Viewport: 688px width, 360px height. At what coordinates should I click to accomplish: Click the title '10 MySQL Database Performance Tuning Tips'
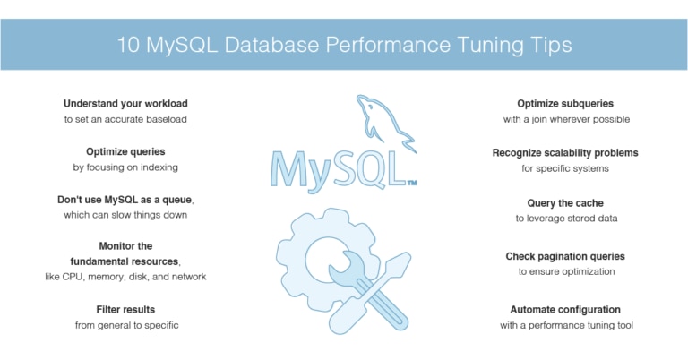click(x=344, y=45)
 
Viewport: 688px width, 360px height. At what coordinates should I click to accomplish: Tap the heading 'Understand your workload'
click(x=125, y=104)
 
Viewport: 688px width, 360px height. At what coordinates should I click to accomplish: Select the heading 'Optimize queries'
click(x=125, y=151)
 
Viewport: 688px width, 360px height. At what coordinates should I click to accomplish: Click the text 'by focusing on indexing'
click(x=125, y=167)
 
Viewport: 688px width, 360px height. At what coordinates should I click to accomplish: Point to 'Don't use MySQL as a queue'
click(x=125, y=200)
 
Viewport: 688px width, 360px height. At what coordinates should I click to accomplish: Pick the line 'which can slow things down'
click(x=125, y=215)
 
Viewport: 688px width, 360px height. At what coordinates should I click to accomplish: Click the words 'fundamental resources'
click(x=125, y=261)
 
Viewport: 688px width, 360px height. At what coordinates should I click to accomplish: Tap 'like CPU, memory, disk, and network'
click(x=125, y=277)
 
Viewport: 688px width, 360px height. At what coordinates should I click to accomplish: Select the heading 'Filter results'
click(x=125, y=310)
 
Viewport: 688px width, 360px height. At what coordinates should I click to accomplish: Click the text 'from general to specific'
click(x=126, y=325)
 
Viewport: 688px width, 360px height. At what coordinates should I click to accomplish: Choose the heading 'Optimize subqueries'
click(x=565, y=104)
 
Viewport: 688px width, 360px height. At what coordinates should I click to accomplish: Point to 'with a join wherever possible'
click(x=566, y=119)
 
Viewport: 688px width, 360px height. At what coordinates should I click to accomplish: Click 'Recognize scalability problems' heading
click(x=565, y=153)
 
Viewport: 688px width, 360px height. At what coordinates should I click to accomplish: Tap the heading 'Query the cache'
click(x=565, y=203)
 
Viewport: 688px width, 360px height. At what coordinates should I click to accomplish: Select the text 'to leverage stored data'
click(x=566, y=219)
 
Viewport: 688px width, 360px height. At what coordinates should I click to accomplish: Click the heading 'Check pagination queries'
click(x=565, y=256)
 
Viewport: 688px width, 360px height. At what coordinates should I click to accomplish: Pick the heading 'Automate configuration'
click(x=565, y=310)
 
